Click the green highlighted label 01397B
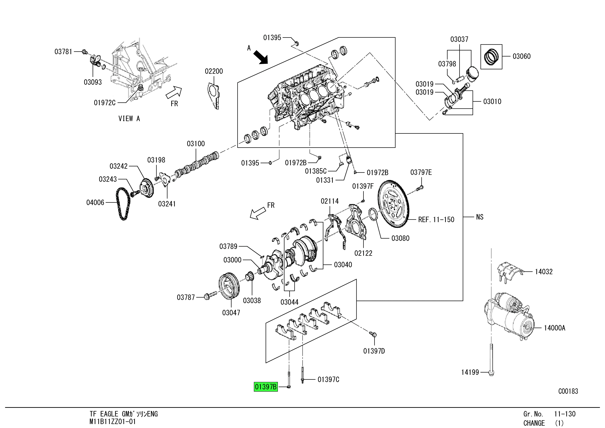(266, 387)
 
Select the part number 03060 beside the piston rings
(522, 56)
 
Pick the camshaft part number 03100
(196, 144)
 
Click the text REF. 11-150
(436, 220)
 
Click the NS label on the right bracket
(480, 217)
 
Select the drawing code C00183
(568, 391)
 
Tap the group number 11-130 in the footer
(565, 414)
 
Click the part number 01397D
(374, 351)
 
